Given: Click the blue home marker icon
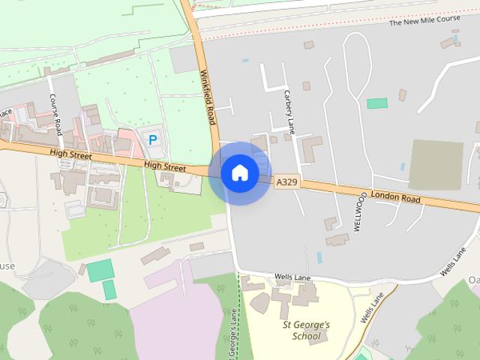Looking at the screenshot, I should pyautogui.click(x=239, y=173).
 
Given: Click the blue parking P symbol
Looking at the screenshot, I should pyautogui.click(x=153, y=139).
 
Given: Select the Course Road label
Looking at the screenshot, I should pyautogui.click(x=54, y=114).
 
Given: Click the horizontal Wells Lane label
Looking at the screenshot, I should pyautogui.click(x=292, y=277).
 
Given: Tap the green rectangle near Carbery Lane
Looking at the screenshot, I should pyautogui.click(x=377, y=103).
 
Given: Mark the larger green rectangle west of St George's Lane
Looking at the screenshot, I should pyautogui.click(x=99, y=269).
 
